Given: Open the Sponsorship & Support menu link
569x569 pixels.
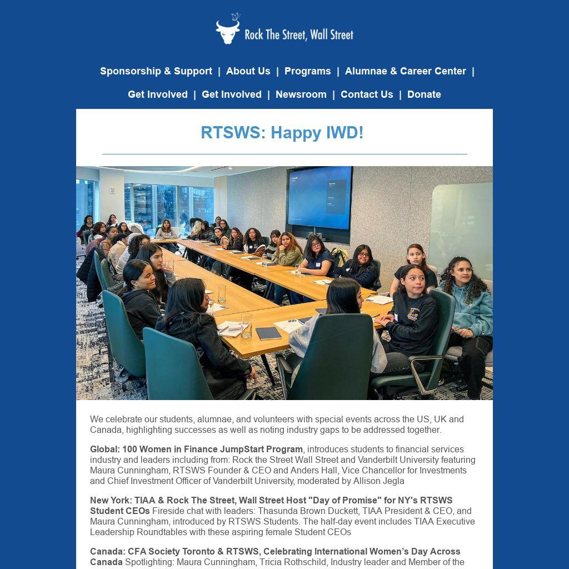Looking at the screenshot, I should [156, 71].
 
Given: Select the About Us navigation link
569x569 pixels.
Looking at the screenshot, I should [248, 71].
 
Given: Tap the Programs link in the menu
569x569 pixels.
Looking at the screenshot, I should [307, 71].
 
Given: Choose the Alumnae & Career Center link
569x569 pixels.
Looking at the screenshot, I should [405, 71].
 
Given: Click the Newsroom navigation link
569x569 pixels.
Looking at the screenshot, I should [301, 94].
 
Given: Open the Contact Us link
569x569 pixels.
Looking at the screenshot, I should [366, 94].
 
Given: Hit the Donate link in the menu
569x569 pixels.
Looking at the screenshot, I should [424, 94].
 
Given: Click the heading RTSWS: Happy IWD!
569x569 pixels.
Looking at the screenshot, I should [282, 133].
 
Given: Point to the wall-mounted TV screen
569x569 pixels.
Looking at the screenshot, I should [320, 198].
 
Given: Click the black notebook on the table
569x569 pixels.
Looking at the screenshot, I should [268, 333].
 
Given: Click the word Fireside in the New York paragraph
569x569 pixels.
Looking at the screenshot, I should [169, 511].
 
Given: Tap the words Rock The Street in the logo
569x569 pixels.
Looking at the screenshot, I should [276, 34].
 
